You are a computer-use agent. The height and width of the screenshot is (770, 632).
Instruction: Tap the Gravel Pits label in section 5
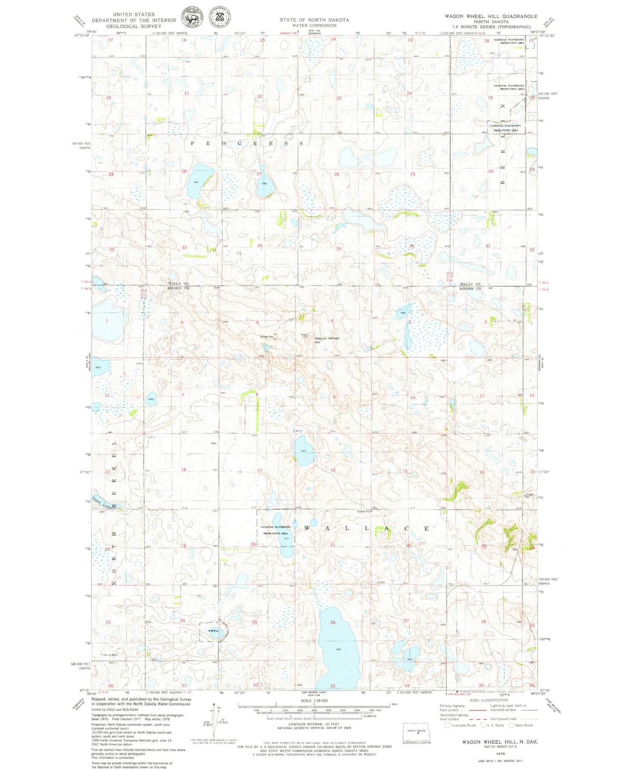click(x=267, y=336)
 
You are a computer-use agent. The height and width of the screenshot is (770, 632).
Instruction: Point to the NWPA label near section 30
click(x=213, y=631)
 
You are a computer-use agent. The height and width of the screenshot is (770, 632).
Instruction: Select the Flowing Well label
click(x=109, y=655)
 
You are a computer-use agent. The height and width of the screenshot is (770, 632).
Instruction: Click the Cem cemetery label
click(x=214, y=443)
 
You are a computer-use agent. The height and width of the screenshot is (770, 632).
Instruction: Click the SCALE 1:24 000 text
click(x=313, y=701)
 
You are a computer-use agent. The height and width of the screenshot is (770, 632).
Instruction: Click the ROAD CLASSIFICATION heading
click(x=489, y=700)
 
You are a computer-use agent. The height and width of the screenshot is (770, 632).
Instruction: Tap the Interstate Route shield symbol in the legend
click(x=447, y=725)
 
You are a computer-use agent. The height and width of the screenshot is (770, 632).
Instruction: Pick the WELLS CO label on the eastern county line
click(x=470, y=284)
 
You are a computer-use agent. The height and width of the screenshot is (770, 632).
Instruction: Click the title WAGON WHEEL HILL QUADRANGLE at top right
click(x=491, y=16)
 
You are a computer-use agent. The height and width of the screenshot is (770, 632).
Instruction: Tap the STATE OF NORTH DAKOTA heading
click(x=314, y=20)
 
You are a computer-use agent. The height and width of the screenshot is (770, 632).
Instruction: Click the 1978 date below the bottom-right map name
click(x=501, y=753)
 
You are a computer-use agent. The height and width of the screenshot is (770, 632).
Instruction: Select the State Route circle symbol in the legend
click(x=511, y=725)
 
